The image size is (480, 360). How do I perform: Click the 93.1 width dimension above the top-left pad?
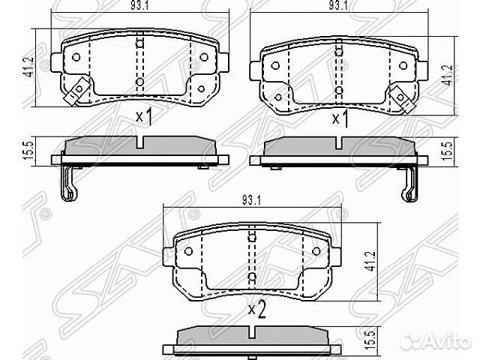click(x=139, y=6)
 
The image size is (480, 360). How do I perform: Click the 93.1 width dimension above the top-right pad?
click(x=338, y=6)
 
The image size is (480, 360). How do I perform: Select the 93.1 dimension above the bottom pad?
click(x=251, y=200)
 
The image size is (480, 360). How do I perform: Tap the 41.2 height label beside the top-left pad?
click(x=30, y=67)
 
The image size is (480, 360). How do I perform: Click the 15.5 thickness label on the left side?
click(x=28, y=151)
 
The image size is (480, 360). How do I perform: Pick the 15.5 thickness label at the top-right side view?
click(x=448, y=151)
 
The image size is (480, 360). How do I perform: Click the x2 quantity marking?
click(x=256, y=310)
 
